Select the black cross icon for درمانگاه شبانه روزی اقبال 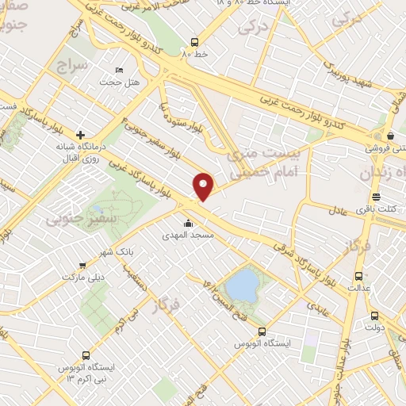[80, 134]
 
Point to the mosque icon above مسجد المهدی [188, 223]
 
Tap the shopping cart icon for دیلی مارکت [83, 266]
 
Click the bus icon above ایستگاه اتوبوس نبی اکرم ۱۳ [85, 355]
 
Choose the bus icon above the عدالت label [359, 277]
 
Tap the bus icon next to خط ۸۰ [195, 42]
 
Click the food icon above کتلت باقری [377, 197]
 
